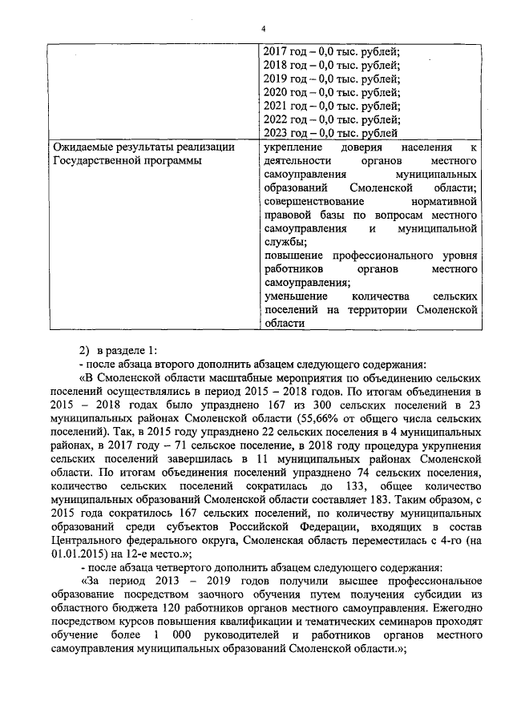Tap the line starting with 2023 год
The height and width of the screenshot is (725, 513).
(x=332, y=133)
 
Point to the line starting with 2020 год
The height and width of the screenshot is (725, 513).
(x=332, y=92)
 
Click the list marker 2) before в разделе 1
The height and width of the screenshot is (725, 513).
(x=83, y=349)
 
